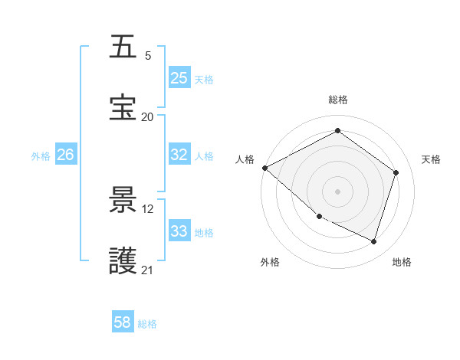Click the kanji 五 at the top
123,47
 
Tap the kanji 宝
123,108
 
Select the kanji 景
123,200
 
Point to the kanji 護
123,260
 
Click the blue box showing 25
179,78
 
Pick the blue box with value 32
179,155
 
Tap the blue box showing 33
179,231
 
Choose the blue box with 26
65,155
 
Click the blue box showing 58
123,322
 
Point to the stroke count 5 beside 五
148,56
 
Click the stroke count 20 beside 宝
148,117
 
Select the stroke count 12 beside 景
148,208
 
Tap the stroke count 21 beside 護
148,270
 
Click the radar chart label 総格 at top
338,100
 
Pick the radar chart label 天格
431,159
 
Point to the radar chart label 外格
270,262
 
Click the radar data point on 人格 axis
264,168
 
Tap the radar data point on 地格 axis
373,242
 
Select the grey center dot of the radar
338,191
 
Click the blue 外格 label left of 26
41,155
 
